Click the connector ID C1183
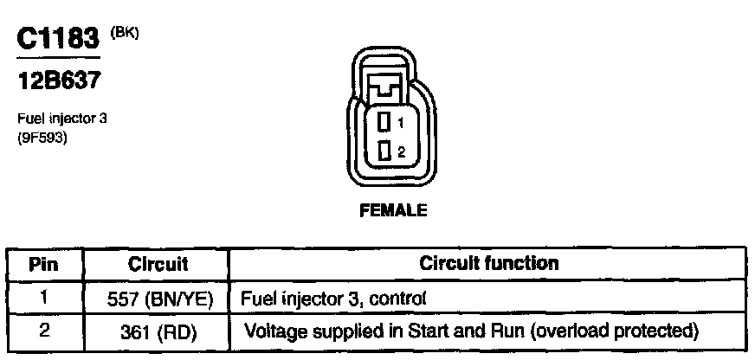pos(59,39)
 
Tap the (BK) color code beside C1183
pos(125,33)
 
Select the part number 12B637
pos(59,81)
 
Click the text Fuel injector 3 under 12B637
pos(61,119)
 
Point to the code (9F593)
pos(42,136)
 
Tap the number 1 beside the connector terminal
pos(400,123)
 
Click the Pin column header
pos(44,264)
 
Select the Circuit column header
pos(158,264)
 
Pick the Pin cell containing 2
pos(44,329)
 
